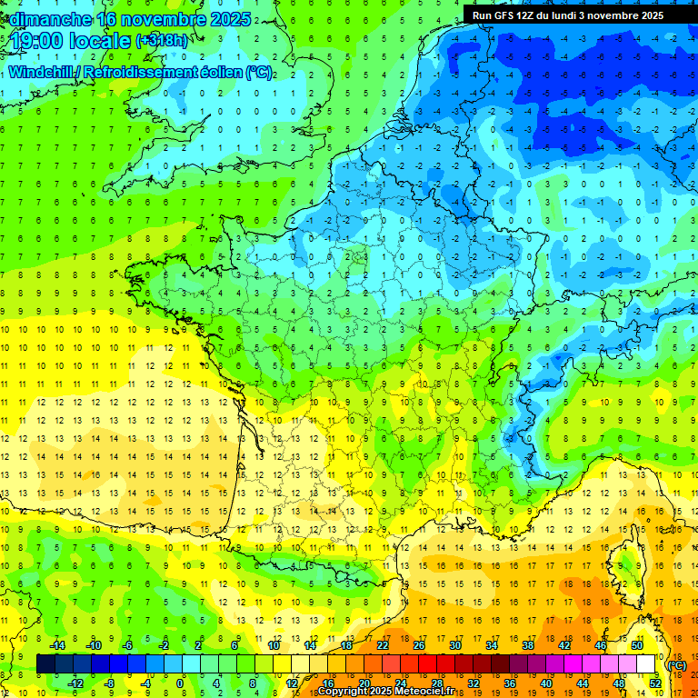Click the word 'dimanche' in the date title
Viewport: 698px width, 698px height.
point(47,19)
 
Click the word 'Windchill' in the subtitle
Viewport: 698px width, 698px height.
point(39,72)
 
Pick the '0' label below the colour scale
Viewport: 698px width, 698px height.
point(180,683)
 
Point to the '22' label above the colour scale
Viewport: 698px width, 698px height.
point(383,645)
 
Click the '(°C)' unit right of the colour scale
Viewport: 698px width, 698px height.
point(676,664)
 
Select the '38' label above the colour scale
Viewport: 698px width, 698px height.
point(528,645)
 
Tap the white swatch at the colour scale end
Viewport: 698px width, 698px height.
point(646,664)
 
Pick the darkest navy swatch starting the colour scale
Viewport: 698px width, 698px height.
point(45,664)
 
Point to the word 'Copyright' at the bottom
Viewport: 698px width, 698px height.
point(344,692)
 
